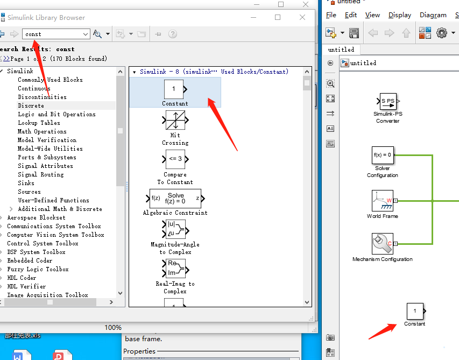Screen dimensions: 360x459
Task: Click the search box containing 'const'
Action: [55, 34]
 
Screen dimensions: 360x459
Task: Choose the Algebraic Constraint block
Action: [175, 198]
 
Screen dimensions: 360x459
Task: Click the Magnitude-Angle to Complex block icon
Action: [174, 229]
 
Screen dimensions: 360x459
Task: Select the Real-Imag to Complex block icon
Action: [174, 268]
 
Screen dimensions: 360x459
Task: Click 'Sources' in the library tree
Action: [29, 192]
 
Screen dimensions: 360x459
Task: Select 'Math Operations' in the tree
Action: [42, 131]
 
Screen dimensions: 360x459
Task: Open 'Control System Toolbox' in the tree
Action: [43, 243]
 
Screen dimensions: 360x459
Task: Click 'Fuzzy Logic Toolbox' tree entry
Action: [38, 269]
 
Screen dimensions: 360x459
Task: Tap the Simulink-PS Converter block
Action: [387, 101]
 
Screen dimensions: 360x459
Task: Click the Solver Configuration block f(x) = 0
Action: [382, 155]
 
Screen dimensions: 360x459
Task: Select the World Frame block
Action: [382, 201]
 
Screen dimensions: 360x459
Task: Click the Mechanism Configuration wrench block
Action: [382, 243]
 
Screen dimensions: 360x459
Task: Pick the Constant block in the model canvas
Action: [414, 311]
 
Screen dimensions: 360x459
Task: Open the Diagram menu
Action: [433, 15]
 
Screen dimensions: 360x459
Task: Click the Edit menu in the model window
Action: [351, 15]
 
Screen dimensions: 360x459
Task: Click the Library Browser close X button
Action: [302, 17]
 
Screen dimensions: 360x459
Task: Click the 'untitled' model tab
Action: [341, 49]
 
